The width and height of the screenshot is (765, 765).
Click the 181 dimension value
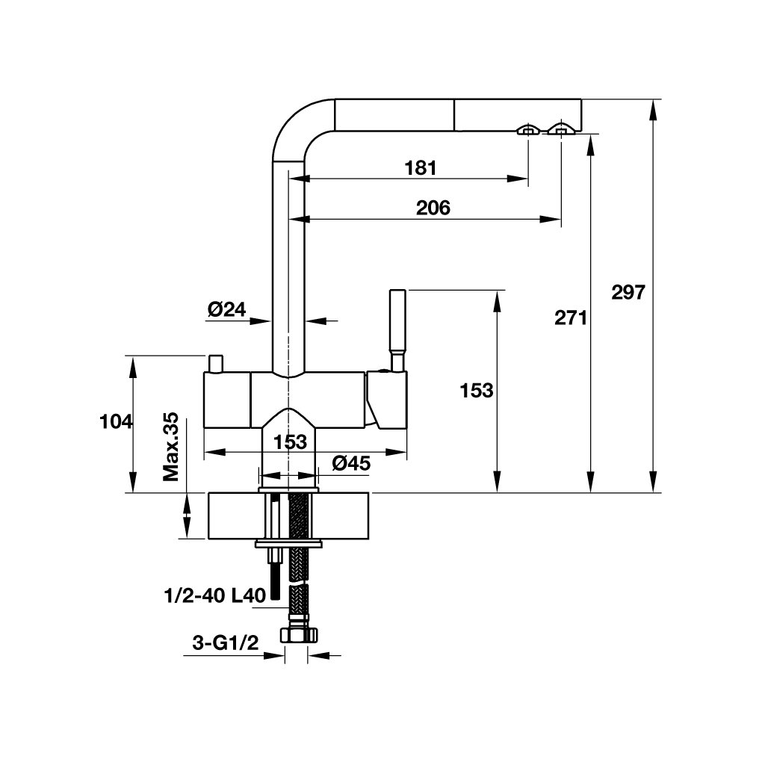[421, 168]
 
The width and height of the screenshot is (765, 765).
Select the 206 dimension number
[433, 208]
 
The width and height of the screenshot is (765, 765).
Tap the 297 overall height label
[628, 292]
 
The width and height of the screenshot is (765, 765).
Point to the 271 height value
[571, 318]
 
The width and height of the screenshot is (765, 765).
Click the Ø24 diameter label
[227, 309]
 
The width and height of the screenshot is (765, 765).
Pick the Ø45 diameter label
[351, 462]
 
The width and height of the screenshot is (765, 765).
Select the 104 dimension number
[116, 421]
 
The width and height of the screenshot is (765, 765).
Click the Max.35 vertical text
[171, 447]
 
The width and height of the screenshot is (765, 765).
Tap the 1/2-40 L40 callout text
[215, 595]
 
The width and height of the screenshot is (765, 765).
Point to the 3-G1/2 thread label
[226, 643]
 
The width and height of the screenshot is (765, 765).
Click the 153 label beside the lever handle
[477, 390]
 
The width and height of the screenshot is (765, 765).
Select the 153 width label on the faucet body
[290, 442]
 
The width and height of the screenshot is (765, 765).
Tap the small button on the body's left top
[215, 364]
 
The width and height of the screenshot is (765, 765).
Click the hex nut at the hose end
[299, 635]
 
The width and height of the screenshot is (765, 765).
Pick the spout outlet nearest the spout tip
[562, 129]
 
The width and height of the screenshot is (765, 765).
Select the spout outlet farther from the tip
[528, 129]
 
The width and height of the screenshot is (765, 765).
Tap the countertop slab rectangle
[288, 516]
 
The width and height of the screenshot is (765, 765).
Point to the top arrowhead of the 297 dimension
[653, 108]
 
